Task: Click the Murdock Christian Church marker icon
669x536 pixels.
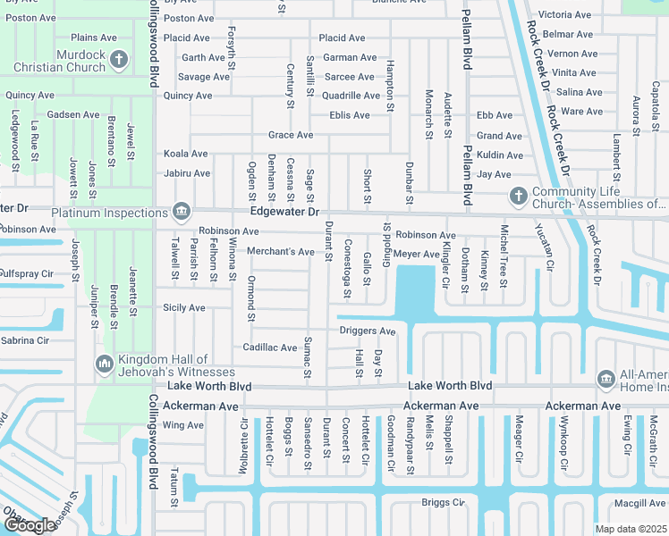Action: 121,60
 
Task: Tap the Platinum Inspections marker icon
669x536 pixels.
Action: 182,212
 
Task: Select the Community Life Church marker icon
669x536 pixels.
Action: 517,196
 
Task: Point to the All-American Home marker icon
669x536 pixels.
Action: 606,379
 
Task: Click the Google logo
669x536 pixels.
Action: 30,525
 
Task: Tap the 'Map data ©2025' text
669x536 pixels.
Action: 631,529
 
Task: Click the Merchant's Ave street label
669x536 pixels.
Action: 280,252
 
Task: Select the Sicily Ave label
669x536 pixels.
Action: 183,307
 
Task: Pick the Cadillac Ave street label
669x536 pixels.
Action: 270,348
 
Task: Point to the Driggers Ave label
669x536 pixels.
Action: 368,331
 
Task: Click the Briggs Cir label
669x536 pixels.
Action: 444,502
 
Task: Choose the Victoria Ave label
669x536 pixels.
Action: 564,15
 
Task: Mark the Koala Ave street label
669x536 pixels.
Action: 186,155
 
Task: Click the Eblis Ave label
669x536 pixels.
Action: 349,115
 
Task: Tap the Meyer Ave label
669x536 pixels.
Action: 416,255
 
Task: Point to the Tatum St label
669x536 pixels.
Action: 174,490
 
